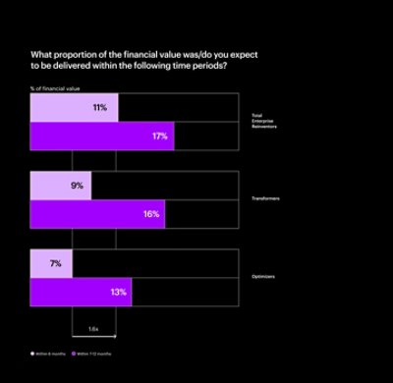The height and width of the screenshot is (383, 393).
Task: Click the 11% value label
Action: (99, 107)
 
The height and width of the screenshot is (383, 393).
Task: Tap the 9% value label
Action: (78, 185)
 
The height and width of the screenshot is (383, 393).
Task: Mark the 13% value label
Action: (118, 292)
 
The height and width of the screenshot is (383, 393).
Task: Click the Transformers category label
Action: (266, 198)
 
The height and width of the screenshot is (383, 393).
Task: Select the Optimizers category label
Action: (262, 277)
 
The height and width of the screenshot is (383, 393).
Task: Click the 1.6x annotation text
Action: (93, 327)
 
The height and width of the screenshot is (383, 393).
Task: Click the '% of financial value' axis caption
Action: (49, 88)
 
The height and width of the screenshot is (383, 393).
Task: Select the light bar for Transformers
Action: (59, 185)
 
